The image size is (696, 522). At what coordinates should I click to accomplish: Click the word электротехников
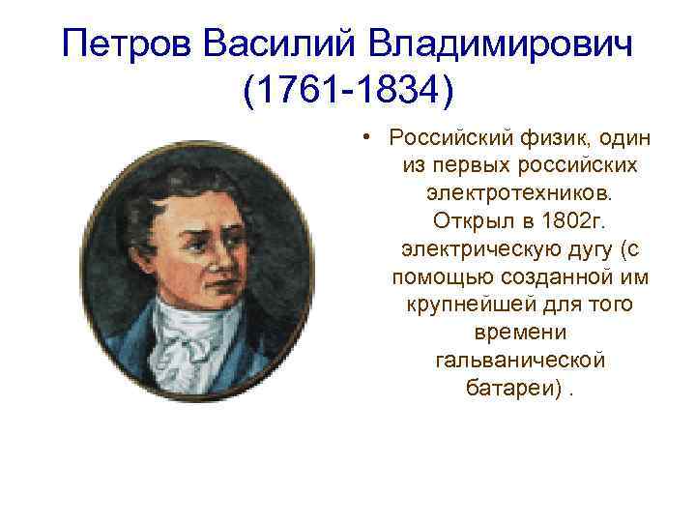tap(521, 194)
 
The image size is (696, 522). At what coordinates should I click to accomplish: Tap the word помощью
tap(438, 277)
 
